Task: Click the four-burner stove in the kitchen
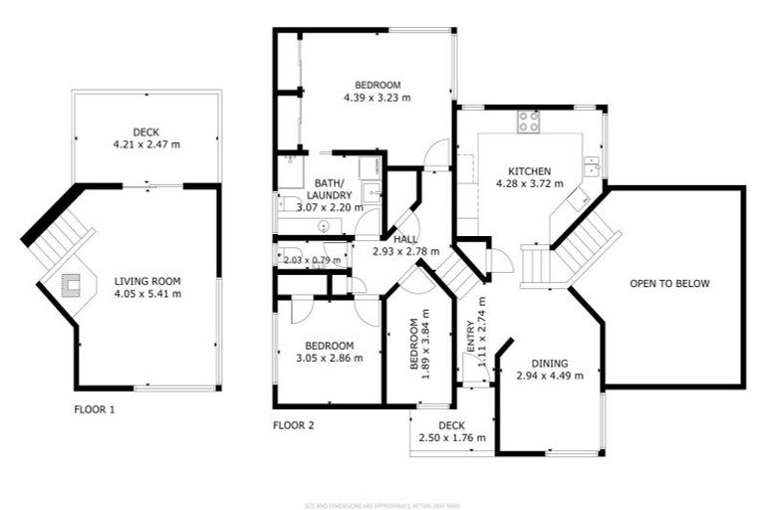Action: click(529, 122)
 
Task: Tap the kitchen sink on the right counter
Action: click(592, 164)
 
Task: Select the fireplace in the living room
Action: click(73, 287)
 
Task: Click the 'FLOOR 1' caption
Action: click(95, 408)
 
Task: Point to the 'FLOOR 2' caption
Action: click(294, 425)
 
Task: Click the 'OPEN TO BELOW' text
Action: click(669, 284)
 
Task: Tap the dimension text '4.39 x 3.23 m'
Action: click(377, 98)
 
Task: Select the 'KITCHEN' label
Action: click(529, 170)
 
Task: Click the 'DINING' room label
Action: click(549, 363)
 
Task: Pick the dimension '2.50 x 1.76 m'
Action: click(452, 438)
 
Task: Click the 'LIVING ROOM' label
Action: click(147, 281)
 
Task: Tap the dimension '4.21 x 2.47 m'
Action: click(146, 144)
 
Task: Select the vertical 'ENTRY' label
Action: click(470, 339)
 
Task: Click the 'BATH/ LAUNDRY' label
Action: click(329, 189)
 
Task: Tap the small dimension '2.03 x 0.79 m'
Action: click(312, 261)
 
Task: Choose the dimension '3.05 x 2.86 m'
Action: click(329, 358)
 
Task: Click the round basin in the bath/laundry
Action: click(326, 226)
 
